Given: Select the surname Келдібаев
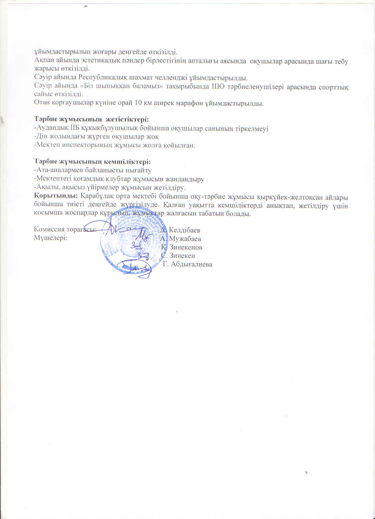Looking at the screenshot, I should [x=184, y=230].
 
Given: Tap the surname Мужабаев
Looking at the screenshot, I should [x=185, y=238].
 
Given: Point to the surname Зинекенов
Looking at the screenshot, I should [x=186, y=247].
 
